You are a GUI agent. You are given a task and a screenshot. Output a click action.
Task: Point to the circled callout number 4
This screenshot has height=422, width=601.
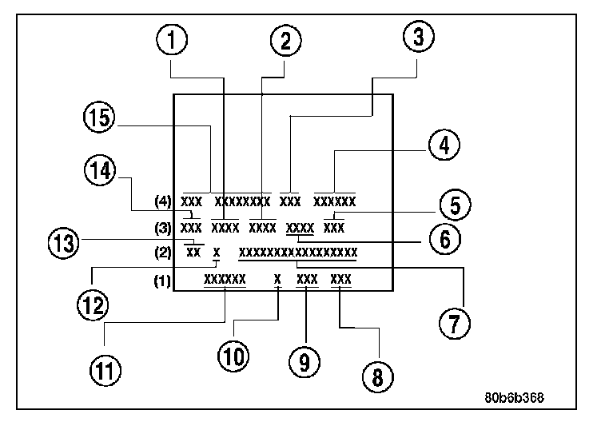tap(443, 146)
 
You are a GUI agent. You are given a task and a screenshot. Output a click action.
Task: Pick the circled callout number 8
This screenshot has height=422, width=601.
tap(376, 372)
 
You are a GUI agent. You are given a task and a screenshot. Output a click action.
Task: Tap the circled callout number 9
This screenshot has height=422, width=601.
tap(304, 362)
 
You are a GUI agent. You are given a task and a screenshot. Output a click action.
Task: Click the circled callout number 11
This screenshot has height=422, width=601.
tap(105, 368)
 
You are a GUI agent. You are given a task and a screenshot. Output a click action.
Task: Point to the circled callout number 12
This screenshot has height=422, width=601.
tap(93, 303)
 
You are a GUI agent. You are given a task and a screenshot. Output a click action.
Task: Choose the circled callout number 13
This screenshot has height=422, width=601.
tap(64, 241)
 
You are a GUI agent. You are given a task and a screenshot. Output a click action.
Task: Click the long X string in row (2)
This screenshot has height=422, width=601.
tap(297, 253)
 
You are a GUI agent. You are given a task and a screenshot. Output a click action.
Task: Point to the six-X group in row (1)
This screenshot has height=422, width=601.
tap(225, 280)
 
